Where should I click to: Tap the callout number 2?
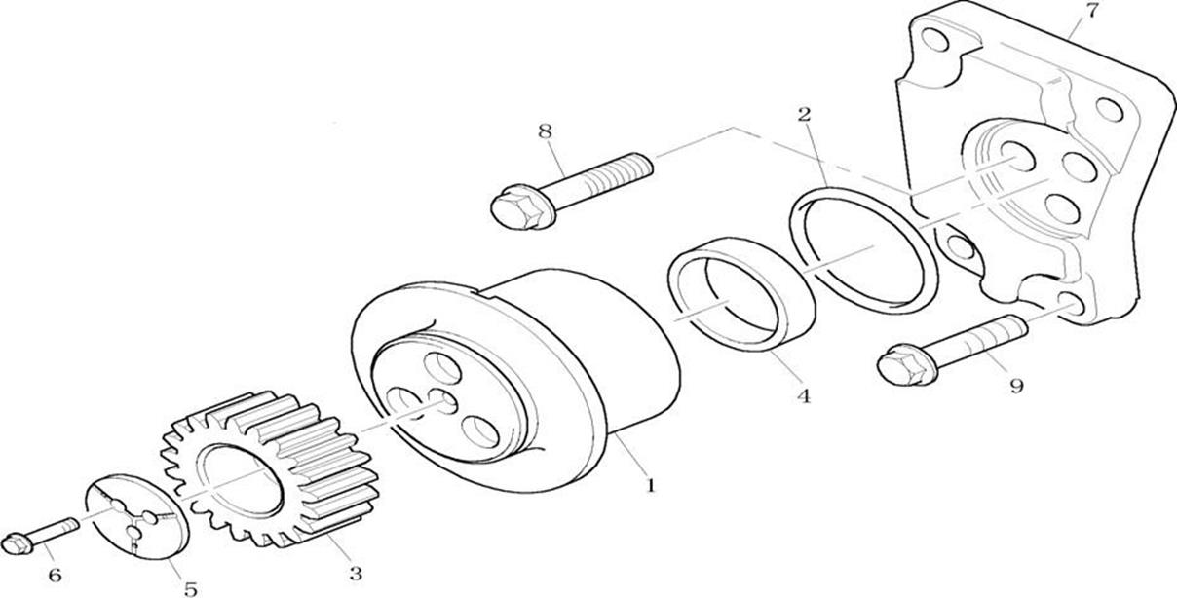pos(804,115)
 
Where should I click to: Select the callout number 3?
pos(356,574)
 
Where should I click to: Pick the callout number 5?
pos(190,587)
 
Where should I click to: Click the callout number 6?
pos(55,575)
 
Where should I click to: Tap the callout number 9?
pos(1016,386)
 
